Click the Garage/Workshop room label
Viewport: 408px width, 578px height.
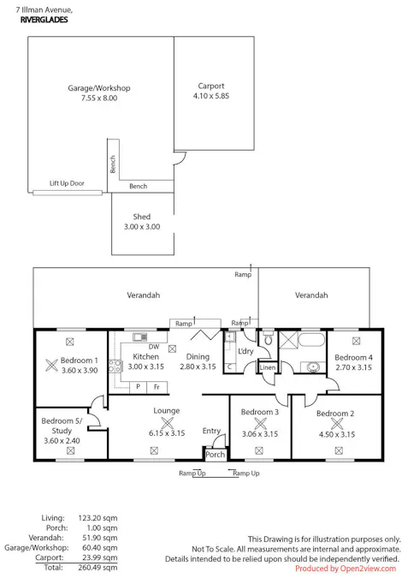tap(98, 88)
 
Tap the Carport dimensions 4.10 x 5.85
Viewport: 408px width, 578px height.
tap(211, 96)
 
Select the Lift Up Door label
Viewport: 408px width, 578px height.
tap(67, 183)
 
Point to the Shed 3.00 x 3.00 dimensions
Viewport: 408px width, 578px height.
tap(142, 227)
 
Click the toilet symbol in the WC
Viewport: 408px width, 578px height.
tap(268, 338)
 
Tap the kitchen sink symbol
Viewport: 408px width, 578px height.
tap(139, 337)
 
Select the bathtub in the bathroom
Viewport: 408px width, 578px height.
tap(311, 339)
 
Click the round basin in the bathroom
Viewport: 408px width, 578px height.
tap(313, 367)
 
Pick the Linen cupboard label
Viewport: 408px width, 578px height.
tap(268, 367)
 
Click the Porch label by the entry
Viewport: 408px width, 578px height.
tap(215, 455)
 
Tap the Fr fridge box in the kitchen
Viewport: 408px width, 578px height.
tap(157, 387)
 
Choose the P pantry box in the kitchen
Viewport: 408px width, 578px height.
tap(138, 387)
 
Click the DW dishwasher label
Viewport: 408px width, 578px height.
tap(154, 347)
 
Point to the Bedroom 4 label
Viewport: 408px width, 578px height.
tap(353, 357)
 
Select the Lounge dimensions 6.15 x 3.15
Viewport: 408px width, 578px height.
tap(167, 433)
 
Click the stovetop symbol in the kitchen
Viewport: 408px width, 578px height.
tap(115, 366)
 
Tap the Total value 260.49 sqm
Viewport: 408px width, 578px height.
tap(98, 568)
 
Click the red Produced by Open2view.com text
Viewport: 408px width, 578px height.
tap(346, 569)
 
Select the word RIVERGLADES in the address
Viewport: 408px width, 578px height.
tap(44, 20)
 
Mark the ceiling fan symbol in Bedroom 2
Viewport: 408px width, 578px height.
tap(337, 424)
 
